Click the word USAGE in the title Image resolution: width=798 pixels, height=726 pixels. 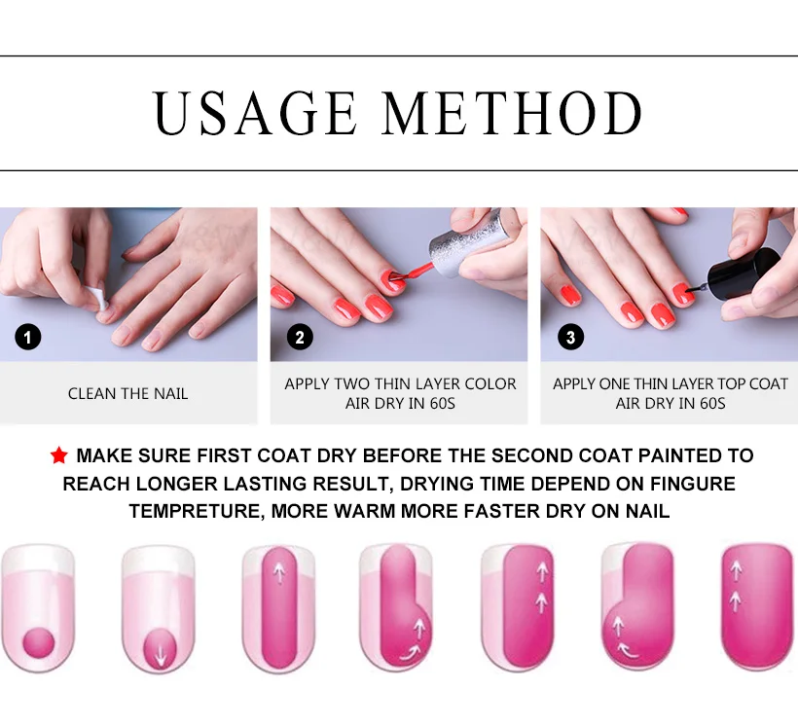[255, 113]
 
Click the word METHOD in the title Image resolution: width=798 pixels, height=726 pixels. [512, 113]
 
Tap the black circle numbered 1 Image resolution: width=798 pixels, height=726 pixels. [28, 337]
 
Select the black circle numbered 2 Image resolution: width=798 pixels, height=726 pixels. [300, 337]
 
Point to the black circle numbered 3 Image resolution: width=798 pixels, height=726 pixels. [570, 337]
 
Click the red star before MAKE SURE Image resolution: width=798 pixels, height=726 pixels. [59, 455]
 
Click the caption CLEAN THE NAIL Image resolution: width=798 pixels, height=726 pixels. [127, 393]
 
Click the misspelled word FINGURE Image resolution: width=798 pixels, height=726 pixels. [693, 484]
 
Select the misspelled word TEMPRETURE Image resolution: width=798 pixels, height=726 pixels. [197, 511]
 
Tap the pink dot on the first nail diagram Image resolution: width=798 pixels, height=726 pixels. [39, 643]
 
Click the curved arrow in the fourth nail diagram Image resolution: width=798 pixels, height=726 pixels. [410, 653]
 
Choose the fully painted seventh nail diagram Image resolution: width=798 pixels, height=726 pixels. [758, 606]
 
